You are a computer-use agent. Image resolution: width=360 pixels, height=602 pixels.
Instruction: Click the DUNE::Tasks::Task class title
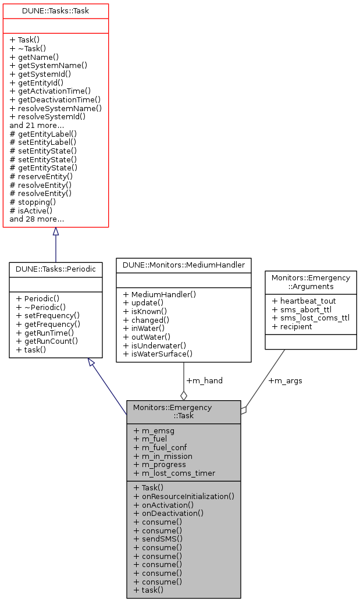[55, 11]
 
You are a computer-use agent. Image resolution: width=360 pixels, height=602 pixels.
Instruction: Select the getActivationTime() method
[50, 91]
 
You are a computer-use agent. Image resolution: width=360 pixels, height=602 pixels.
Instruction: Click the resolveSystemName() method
[55, 108]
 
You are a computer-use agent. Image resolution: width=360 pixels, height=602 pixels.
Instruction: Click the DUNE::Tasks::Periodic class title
[56, 270]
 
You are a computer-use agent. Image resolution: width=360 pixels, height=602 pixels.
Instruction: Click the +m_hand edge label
[204, 380]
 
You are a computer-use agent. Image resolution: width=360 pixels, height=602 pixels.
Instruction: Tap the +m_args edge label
[285, 381]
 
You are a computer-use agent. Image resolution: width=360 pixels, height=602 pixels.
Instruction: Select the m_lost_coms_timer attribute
[174, 473]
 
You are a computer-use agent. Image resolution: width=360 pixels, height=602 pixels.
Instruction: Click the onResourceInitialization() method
[184, 496]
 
